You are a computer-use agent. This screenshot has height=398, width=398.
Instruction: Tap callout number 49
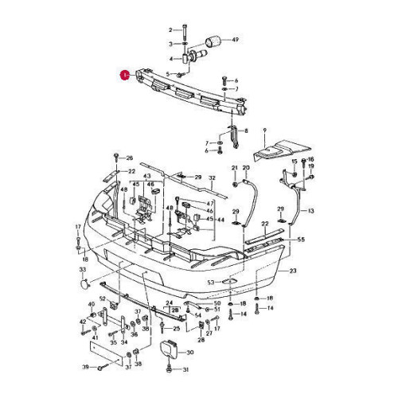[x=234, y=39]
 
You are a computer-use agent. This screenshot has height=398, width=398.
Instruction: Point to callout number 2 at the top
[x=170, y=29]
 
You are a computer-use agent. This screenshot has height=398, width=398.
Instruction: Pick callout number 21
[x=235, y=168]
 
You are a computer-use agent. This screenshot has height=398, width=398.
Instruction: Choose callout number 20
[x=246, y=168]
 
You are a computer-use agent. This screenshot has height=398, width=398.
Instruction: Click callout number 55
[x=300, y=239]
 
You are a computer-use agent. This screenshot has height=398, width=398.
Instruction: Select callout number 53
[x=210, y=283]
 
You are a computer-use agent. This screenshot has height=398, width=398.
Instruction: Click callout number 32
[x=213, y=178]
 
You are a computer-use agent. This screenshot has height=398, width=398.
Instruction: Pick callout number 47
[x=211, y=205]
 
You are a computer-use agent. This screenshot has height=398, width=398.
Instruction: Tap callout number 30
[x=189, y=352]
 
